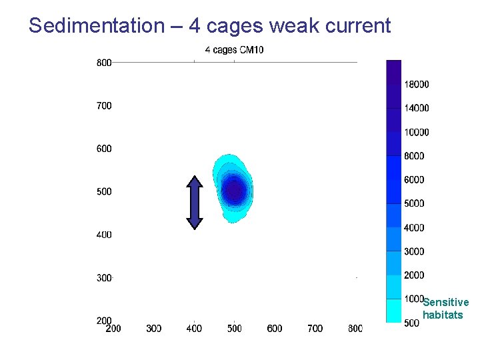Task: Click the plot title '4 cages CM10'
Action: pos(234,49)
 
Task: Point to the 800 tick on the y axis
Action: pos(104,63)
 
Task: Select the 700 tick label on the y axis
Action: pos(104,105)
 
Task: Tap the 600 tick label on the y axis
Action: pos(104,149)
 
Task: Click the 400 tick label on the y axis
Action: pos(104,235)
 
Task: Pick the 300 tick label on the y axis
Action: pos(104,278)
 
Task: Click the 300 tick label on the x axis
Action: pos(153,329)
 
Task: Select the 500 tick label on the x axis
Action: pos(234,329)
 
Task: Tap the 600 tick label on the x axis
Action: pos(275,329)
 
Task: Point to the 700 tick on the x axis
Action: pos(315,329)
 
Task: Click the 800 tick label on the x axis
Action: pos(355,329)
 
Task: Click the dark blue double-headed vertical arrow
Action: pos(194,202)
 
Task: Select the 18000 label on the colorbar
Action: pos(417,85)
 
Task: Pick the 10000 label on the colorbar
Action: pos(417,133)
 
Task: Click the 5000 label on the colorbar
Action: pos(414,203)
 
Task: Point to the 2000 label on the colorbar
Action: pos(414,275)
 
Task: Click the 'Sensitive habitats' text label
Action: pos(445,309)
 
